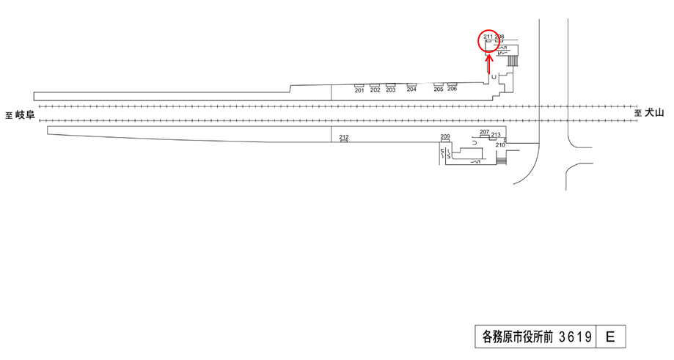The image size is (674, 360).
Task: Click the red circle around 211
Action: tap(489, 43)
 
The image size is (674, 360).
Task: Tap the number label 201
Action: tap(359, 90)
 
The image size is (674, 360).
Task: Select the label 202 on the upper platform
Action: tap(376, 90)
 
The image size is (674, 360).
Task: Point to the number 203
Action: tap(391, 90)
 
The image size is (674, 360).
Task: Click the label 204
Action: tap(411, 90)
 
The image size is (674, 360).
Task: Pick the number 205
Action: tap(439, 89)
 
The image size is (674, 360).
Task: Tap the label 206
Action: tap(452, 89)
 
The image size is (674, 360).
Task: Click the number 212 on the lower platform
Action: tap(344, 137)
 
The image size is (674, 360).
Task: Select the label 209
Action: tap(445, 137)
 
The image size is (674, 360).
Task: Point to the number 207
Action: tap(484, 132)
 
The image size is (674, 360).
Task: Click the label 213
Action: tap(496, 135)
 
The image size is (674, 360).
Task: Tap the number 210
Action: tap(500, 145)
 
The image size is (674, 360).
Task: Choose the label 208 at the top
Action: tap(499, 36)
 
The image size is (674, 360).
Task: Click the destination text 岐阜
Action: tap(26, 114)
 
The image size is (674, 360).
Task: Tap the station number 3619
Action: tap(575, 337)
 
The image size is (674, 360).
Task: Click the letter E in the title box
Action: tap(610, 337)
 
